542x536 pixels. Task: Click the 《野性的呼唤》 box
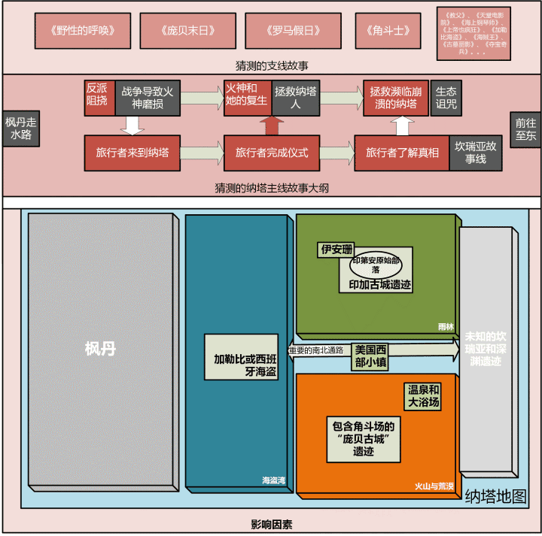point(83,31)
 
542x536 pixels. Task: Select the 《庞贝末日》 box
point(188,31)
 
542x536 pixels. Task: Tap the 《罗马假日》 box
point(294,31)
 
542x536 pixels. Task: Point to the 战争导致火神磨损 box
point(147,98)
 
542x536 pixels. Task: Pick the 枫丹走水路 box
point(19,129)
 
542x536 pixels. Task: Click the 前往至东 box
point(525,129)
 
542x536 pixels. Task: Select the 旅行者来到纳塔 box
point(132,152)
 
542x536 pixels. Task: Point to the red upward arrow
point(269,125)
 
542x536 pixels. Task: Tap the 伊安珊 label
point(336,249)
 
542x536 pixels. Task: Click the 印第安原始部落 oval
point(376,264)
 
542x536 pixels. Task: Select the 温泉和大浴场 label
point(424,396)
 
